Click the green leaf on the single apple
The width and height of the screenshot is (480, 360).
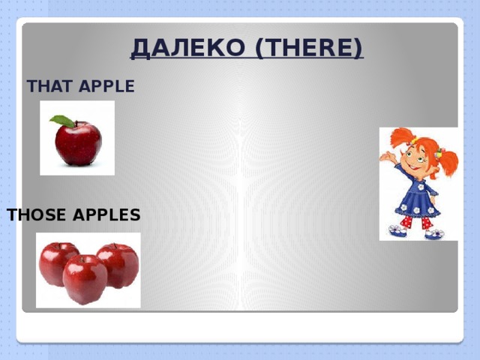(63, 120)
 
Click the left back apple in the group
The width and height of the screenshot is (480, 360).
(57, 260)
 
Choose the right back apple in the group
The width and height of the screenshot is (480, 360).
(120, 262)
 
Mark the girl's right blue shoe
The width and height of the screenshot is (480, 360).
(434, 233)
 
